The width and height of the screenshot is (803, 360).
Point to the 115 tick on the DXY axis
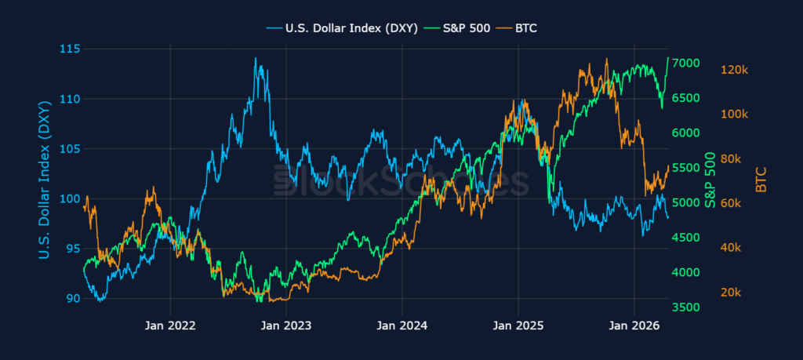71,49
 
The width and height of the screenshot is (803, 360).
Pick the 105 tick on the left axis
71,149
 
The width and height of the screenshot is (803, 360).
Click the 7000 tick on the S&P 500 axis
686,63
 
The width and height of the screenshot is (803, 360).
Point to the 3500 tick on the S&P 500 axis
686,307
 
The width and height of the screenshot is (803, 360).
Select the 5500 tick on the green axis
686,168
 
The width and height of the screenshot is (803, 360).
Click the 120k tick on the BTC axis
734,70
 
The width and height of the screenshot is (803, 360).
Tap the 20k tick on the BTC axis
731,293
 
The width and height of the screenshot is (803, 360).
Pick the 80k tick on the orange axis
731,159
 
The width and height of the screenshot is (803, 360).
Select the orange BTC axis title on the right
761,180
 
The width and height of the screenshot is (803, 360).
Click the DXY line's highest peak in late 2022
256,58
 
